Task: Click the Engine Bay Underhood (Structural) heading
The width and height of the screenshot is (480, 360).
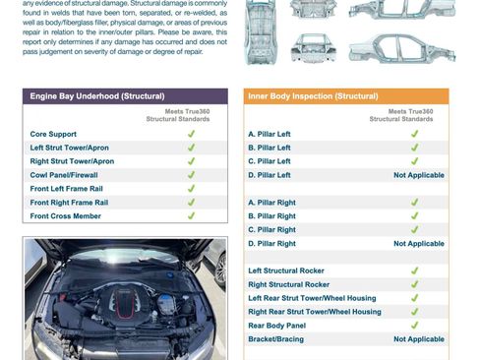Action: tap(97, 96)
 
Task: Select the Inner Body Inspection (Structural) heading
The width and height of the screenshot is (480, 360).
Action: tap(313, 96)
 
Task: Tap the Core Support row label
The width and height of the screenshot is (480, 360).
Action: tap(53, 134)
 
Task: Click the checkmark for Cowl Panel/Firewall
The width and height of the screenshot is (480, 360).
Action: tap(191, 175)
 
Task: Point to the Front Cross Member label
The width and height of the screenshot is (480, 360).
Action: tap(66, 216)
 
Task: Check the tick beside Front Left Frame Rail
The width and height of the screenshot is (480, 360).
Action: tap(191, 189)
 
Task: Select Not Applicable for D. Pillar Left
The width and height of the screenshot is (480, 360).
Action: tap(419, 175)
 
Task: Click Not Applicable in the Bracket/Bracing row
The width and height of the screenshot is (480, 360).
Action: tap(419, 339)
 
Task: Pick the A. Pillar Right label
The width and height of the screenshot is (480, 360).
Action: tap(271, 203)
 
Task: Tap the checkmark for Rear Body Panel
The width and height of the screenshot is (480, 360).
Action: tap(415, 326)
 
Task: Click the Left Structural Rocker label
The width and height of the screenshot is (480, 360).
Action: tap(286, 270)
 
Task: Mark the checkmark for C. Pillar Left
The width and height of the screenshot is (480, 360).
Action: tap(415, 161)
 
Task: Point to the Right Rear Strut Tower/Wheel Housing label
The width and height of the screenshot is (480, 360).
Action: tap(315, 312)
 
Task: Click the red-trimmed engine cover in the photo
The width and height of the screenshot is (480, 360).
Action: tap(123, 302)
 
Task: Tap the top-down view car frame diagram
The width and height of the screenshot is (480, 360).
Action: tap(261, 32)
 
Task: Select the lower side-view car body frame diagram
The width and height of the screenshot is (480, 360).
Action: tap(402, 48)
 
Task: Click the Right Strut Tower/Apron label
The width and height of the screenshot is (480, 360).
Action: tap(72, 161)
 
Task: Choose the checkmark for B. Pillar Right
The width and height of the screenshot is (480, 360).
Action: tap(415, 215)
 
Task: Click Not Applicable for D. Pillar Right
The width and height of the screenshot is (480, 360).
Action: tap(419, 244)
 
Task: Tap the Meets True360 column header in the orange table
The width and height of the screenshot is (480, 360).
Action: tap(401, 115)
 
